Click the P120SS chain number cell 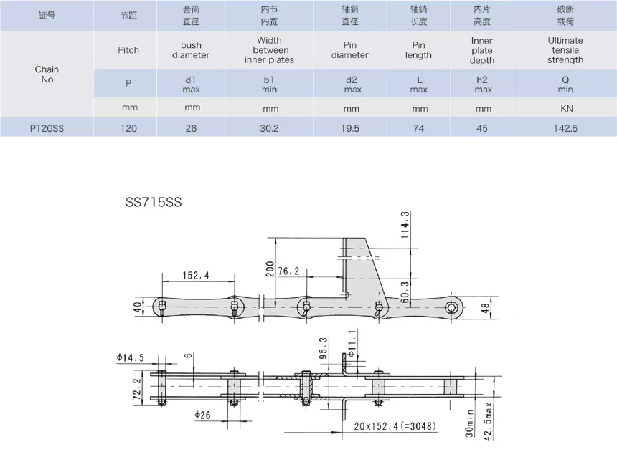pos(47,128)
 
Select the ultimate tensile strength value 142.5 pos(565,128)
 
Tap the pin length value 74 pos(419,128)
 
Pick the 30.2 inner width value pos(270,128)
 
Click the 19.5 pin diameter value pos(350,128)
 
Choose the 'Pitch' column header pos(128,50)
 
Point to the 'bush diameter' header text pos(191,50)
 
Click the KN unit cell pos(565,109)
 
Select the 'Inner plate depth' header pos(482,50)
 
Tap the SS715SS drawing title pos(154,202)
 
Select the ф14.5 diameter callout pos(130,357)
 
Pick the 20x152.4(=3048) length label pos(395,425)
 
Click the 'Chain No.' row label pos(47,74)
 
